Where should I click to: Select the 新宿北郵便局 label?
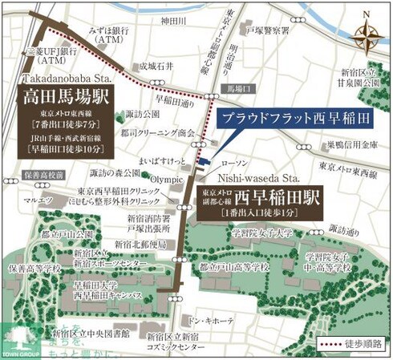140,244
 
